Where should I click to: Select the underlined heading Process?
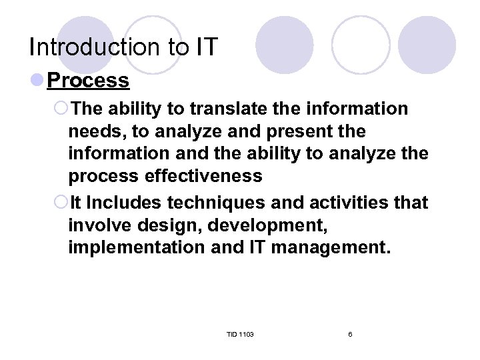coord(89,81)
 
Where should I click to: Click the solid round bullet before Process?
coord(38,81)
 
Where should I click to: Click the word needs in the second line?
coord(94,131)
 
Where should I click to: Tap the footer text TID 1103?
coord(240,334)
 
